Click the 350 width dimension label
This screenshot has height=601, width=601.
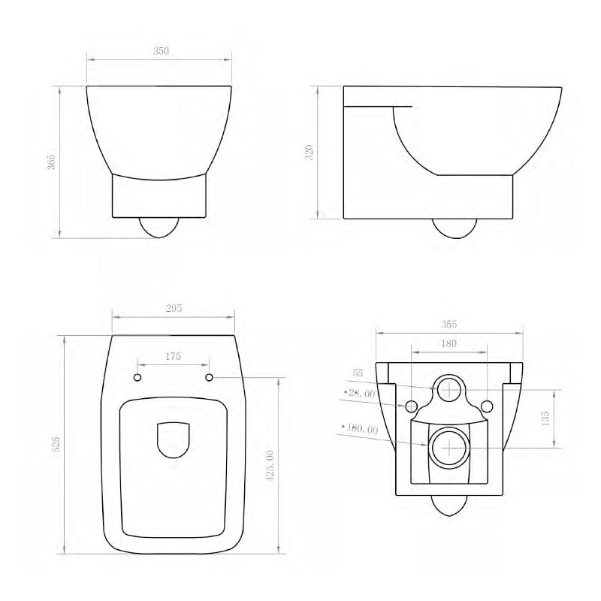161,51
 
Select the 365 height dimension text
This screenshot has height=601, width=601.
51,162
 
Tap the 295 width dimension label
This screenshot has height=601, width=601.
174,309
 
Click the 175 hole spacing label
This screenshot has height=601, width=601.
173,357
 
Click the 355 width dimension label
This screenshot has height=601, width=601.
449,325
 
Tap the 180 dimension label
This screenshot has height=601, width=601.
449,343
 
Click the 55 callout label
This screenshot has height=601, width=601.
358,373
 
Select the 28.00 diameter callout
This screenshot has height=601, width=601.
360,393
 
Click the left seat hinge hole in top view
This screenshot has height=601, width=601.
137,376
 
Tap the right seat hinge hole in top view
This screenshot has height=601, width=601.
210,376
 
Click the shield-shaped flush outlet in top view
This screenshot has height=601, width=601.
174,439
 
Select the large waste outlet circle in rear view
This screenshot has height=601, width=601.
448,448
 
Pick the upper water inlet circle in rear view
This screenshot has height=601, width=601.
448,388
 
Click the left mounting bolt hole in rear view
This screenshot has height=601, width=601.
411,406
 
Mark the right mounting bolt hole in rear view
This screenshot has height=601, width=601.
486,406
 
